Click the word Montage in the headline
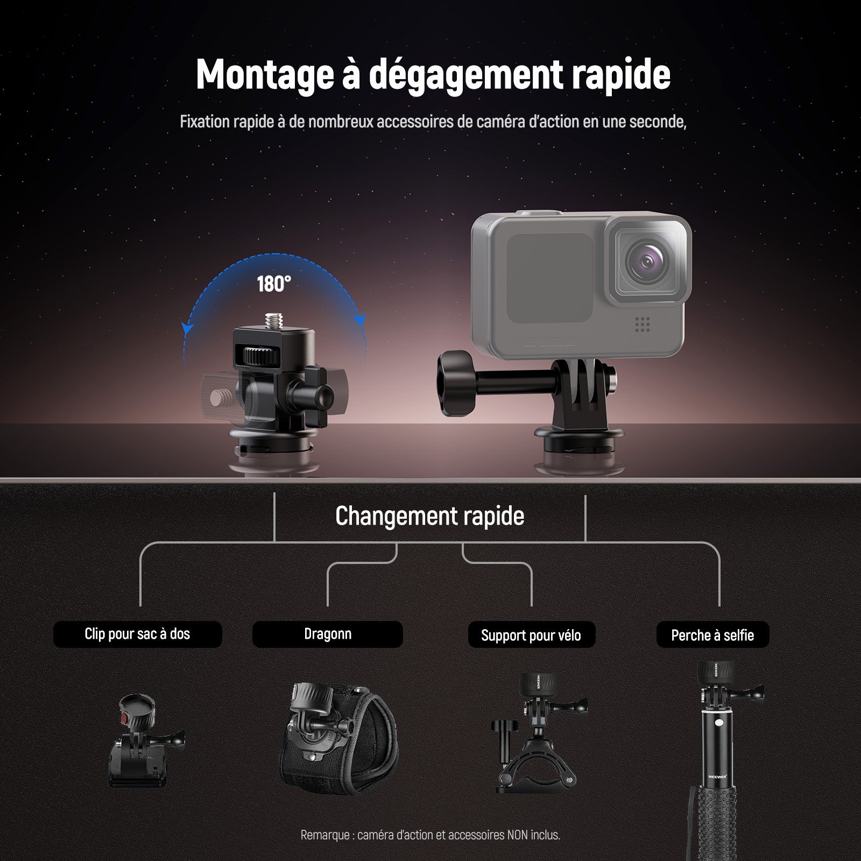tap(264, 74)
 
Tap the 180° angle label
tap(274, 284)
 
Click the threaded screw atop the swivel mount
tap(273, 320)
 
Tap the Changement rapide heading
tap(429, 516)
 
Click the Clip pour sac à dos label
tap(137, 634)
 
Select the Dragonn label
tap(328, 634)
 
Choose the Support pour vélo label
tap(531, 636)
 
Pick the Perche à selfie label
tap(712, 636)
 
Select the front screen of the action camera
tap(549, 278)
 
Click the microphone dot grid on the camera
tap(642, 323)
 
